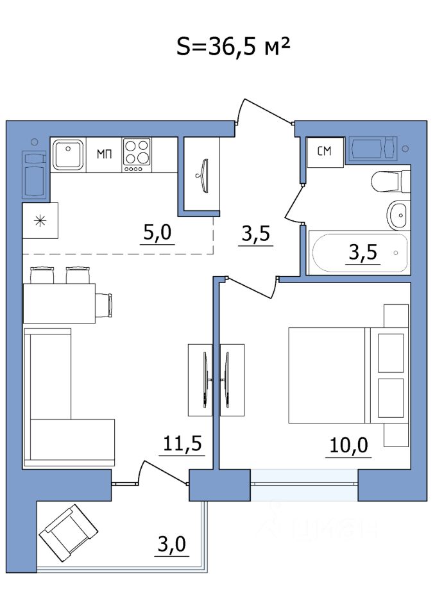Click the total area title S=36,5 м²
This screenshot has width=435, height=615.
click(234, 46)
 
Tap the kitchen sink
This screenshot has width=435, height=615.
click(69, 154)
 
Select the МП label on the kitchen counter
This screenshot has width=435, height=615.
click(105, 154)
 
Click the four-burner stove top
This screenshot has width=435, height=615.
click(137, 154)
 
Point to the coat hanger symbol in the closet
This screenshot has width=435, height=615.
click(204, 176)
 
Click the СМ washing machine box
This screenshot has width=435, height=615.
click(325, 151)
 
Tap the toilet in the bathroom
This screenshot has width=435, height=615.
click(391, 181)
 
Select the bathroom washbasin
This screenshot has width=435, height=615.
click(398, 215)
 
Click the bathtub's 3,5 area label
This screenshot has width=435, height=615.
click(363, 252)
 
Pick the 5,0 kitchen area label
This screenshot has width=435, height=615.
click(157, 233)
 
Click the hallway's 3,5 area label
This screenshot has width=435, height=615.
click(256, 234)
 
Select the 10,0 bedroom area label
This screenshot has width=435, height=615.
click(348, 446)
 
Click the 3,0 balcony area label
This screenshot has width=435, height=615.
click(172, 545)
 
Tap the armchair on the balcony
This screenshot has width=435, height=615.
click(69, 533)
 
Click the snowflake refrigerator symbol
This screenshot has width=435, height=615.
click(40, 221)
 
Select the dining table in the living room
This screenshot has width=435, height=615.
click(59, 303)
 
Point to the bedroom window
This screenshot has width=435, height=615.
click(304, 485)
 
